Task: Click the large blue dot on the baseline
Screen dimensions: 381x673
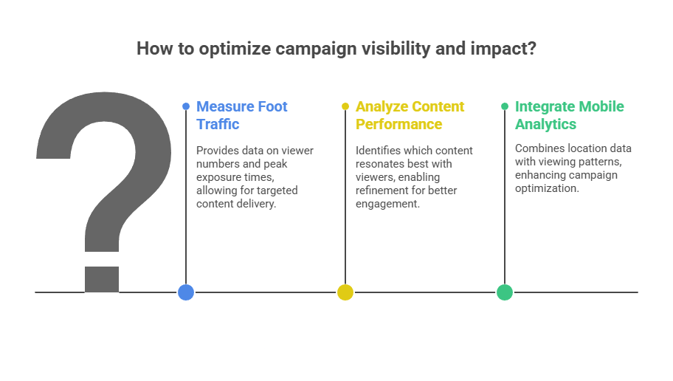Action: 186,292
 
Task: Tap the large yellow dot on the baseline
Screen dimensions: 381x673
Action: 345,292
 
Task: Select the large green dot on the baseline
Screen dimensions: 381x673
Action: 505,292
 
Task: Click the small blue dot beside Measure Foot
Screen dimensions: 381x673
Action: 186,106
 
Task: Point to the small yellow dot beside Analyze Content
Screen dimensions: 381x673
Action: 345,106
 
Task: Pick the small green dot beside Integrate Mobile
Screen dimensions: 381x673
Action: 505,106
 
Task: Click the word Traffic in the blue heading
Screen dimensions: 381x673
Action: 218,124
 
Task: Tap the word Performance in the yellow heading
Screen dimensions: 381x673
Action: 398,124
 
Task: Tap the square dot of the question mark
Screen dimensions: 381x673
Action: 102,278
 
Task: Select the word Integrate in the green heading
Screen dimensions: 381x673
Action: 548,106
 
